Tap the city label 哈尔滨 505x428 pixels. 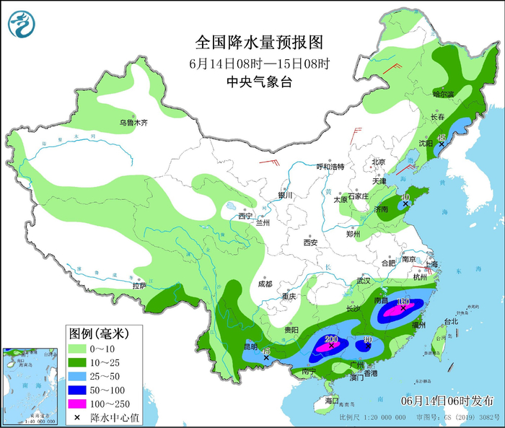[x=443, y=94]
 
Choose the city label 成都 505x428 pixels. [x=265, y=284]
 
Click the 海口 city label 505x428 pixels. [x=331, y=400]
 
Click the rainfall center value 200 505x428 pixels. [x=331, y=339]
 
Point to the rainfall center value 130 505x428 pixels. [x=403, y=301]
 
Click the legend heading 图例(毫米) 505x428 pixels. [x=98, y=333]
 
